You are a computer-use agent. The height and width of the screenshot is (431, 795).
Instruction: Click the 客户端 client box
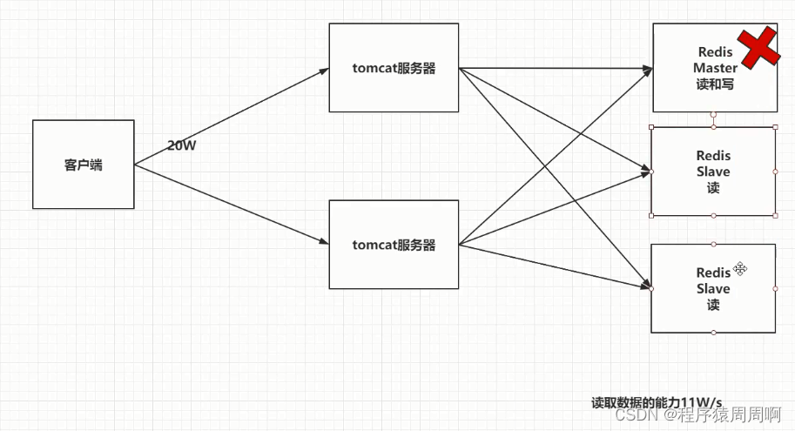pyautogui.click(x=83, y=164)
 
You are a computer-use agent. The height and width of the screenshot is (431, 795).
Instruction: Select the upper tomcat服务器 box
pyautogui.click(x=394, y=68)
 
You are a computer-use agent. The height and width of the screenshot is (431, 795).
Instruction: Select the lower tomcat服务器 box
pyautogui.click(x=394, y=245)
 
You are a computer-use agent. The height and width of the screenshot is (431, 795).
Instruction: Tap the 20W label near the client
pyautogui.click(x=182, y=145)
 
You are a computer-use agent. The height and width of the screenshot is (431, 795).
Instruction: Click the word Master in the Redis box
pyautogui.click(x=715, y=67)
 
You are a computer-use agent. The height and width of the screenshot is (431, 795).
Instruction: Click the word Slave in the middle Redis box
pyautogui.click(x=713, y=172)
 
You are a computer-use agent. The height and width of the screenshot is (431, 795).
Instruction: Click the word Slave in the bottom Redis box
pyautogui.click(x=713, y=288)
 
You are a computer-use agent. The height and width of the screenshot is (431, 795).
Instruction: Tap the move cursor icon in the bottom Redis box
pyautogui.click(x=740, y=268)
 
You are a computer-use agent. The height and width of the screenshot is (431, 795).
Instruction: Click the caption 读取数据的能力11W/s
pyautogui.click(x=657, y=401)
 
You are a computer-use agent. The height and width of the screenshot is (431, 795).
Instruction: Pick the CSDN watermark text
pyautogui.click(x=697, y=415)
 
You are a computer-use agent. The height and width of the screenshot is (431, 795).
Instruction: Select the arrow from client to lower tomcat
pyautogui.click(x=231, y=204)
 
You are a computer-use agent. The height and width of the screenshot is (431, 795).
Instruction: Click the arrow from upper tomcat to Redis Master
pyautogui.click(x=557, y=66)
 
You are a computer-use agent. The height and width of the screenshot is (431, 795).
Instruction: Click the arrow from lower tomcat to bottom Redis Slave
pyautogui.click(x=557, y=266)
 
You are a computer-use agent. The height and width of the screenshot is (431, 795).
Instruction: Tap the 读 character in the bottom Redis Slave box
pyautogui.click(x=713, y=305)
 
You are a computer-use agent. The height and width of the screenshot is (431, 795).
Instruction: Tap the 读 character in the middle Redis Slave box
pyautogui.click(x=713, y=187)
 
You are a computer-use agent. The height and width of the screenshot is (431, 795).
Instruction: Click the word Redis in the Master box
pyautogui.click(x=715, y=52)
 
